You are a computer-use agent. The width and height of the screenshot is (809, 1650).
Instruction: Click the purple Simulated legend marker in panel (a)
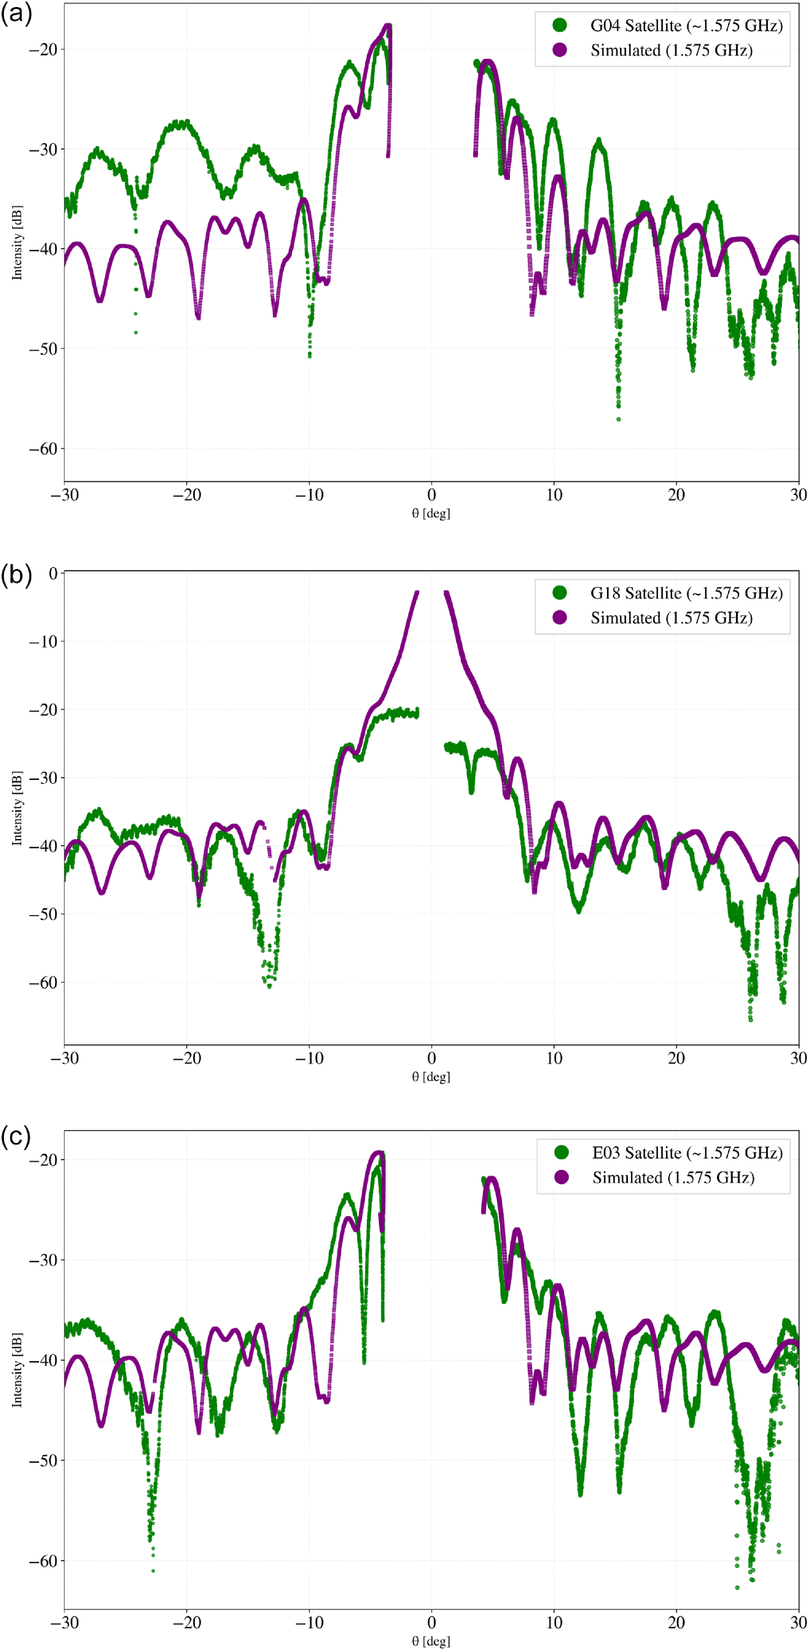(x=559, y=50)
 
